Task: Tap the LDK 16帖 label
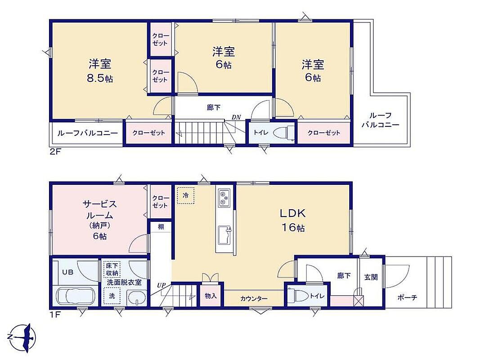tap(293, 220)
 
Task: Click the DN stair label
tap(236, 117)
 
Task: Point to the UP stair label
tap(161, 285)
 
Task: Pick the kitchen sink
tap(225, 235)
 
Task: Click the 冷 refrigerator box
tap(185, 195)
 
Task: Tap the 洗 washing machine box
tap(112, 296)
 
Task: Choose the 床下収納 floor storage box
tap(112, 269)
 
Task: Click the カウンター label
tap(254, 298)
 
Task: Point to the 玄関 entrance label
tap(371, 277)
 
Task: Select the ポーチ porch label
tap(408, 297)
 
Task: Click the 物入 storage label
tap(211, 296)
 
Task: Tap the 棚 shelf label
tap(161, 226)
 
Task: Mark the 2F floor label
tap(56, 152)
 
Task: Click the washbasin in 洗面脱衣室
tap(136, 297)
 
